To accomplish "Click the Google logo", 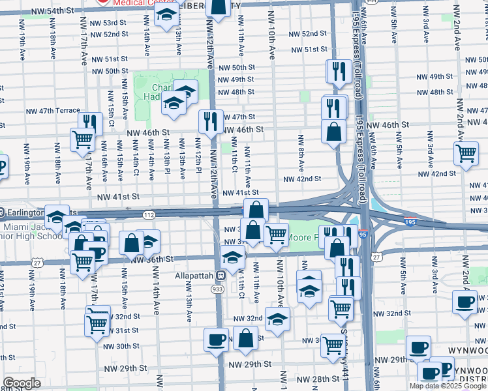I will pos(21,383).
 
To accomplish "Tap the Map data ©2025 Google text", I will pos(448,386).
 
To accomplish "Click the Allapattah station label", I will pos(194,276).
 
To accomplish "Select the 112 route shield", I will pos(149,215).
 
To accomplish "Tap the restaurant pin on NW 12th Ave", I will pos(211,122).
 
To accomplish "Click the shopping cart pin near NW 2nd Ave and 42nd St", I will pos(466,154).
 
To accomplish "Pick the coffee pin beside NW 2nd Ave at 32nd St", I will pos(465,303).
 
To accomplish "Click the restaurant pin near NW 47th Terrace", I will pos(90,123).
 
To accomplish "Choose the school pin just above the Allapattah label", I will pos(232,257).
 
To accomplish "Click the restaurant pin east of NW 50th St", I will pos(338,71).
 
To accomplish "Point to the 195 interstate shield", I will pos(410,222).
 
